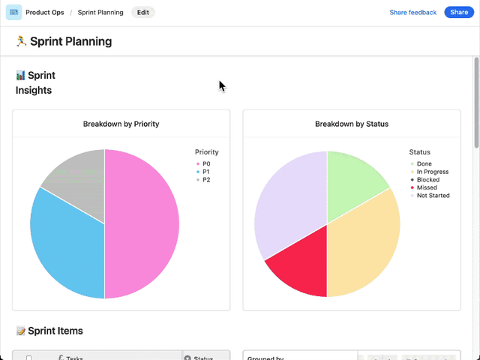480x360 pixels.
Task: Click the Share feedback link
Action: pyautogui.click(x=412, y=13)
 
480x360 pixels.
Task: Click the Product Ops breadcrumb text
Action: pyautogui.click(x=44, y=13)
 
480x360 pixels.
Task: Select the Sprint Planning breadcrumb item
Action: pyautogui.click(x=100, y=13)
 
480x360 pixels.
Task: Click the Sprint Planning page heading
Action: pyautogui.click(x=70, y=41)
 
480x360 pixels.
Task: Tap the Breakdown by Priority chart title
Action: pyautogui.click(x=121, y=124)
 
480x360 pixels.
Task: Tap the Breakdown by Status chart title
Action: pyautogui.click(x=351, y=124)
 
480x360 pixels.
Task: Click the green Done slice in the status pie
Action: pyautogui.click(x=352, y=176)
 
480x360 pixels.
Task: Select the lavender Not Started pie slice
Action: pyautogui.click(x=285, y=202)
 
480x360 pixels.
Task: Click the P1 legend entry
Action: pyautogui.click(x=206, y=172)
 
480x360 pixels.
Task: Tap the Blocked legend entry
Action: pyautogui.click(x=427, y=180)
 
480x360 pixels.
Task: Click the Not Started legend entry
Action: pyautogui.click(x=432, y=196)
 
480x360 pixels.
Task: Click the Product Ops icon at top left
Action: pyautogui.click(x=13, y=13)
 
